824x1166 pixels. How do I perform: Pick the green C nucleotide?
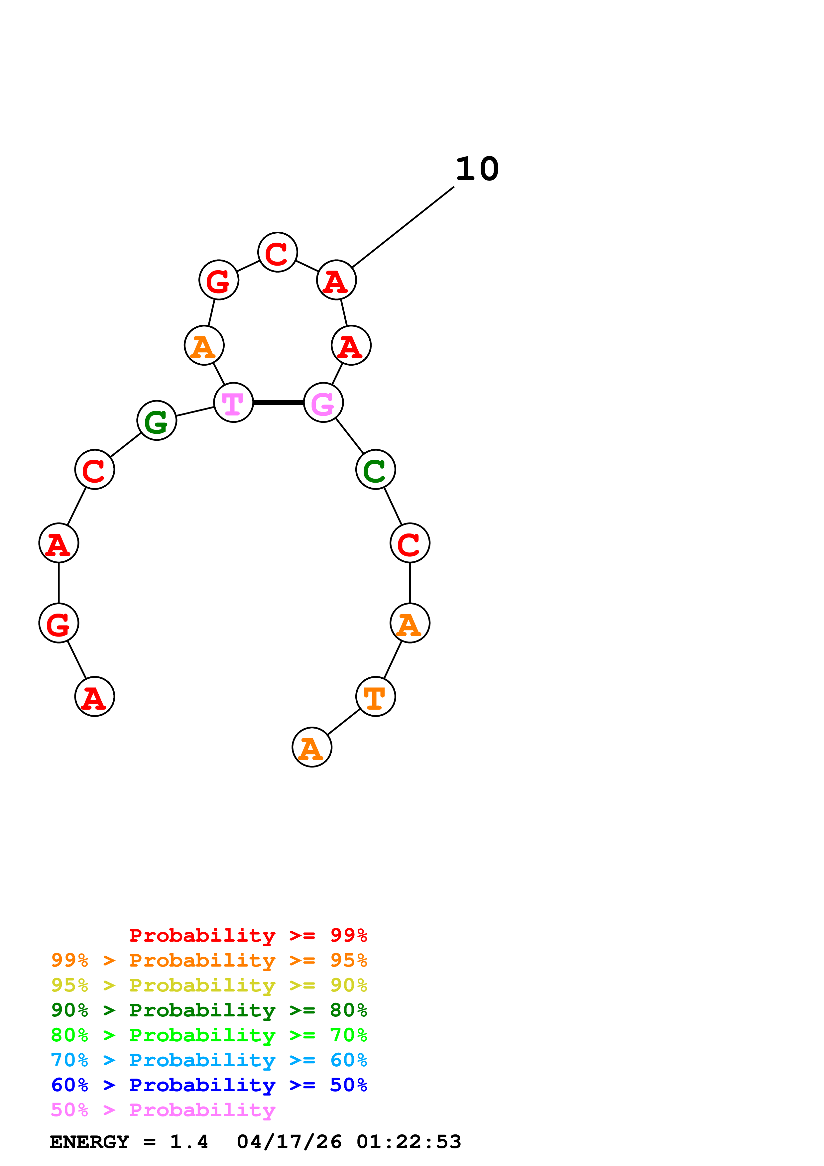(375, 470)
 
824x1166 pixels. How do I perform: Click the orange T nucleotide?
(375, 697)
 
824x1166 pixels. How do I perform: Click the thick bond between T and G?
(278, 403)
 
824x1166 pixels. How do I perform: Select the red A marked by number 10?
(336, 280)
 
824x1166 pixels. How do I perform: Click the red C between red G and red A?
(277, 252)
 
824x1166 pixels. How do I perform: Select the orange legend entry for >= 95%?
(209, 960)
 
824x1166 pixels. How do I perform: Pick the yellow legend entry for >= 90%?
(209, 985)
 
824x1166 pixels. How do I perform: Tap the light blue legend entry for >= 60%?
(209, 1060)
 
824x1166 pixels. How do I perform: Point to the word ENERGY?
(89, 1142)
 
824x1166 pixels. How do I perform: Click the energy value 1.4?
(189, 1142)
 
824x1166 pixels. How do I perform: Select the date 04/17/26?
(289, 1142)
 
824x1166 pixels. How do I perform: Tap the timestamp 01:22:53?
(409, 1142)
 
